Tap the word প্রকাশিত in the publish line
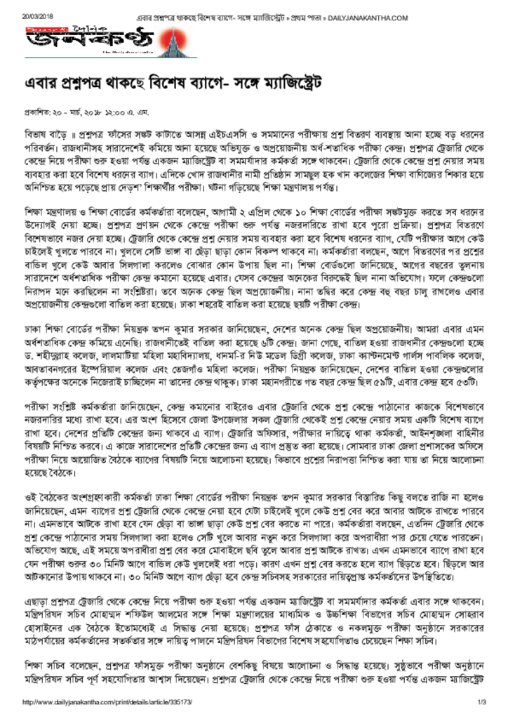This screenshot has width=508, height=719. pyautogui.click(x=38, y=112)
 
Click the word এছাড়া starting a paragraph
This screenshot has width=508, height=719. pyautogui.click(x=38, y=602)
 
